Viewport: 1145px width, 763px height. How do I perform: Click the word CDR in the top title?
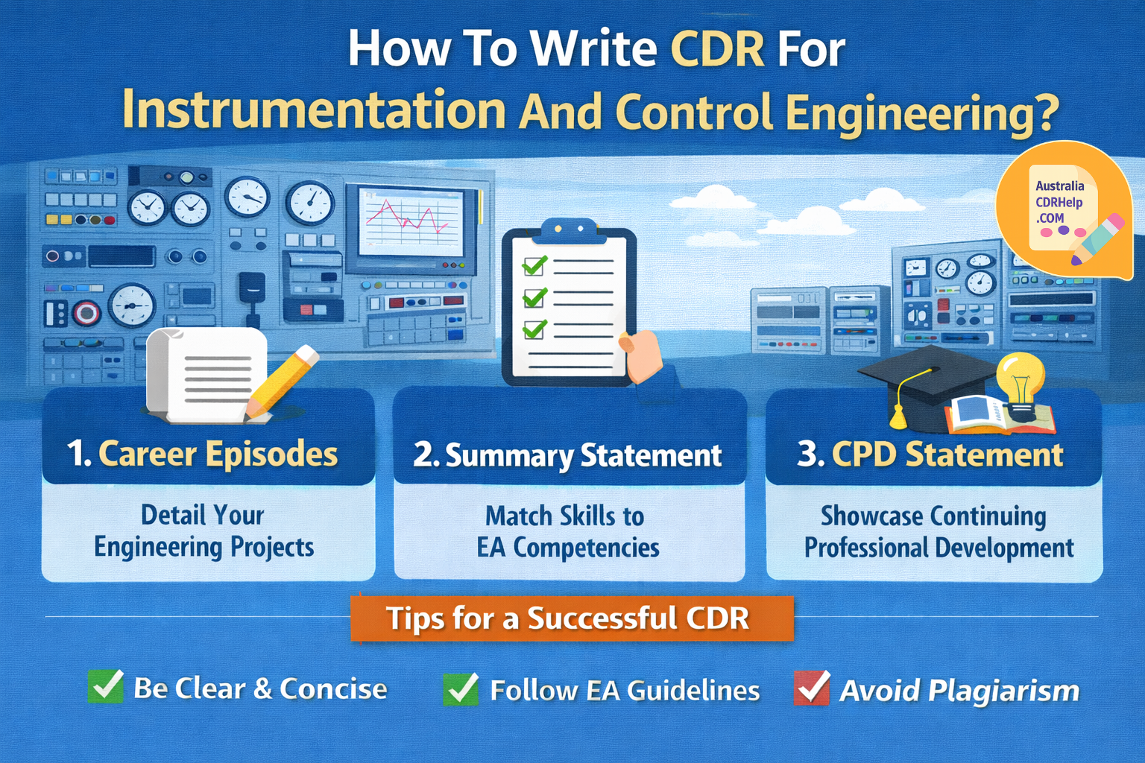[717, 50]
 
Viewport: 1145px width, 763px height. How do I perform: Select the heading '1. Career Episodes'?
[203, 454]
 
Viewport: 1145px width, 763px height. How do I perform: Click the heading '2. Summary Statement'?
[568, 455]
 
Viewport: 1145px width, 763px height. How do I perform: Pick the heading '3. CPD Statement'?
[930, 454]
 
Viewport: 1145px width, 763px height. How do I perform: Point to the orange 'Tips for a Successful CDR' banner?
[571, 618]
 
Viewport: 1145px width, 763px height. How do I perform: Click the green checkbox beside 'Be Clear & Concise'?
[106, 686]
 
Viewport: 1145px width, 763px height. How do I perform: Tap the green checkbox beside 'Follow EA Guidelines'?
[461, 688]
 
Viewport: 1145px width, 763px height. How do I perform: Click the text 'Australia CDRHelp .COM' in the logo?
[1059, 202]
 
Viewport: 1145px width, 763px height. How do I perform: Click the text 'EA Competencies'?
[568, 548]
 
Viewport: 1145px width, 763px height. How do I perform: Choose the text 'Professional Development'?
[939, 548]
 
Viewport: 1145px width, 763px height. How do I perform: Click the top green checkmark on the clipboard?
[534, 265]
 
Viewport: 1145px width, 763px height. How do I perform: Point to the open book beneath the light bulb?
[999, 416]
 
